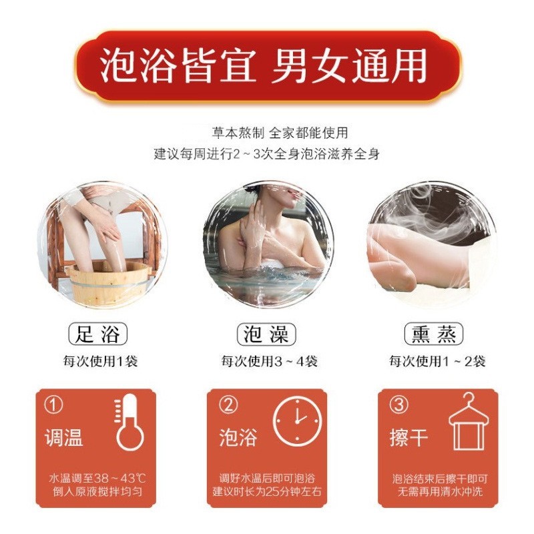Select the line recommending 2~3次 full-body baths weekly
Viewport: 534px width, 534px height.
click(x=267, y=154)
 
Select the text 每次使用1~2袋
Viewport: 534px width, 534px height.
click(x=437, y=362)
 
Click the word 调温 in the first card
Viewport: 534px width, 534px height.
click(x=64, y=438)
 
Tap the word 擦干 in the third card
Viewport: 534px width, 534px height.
click(x=409, y=438)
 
